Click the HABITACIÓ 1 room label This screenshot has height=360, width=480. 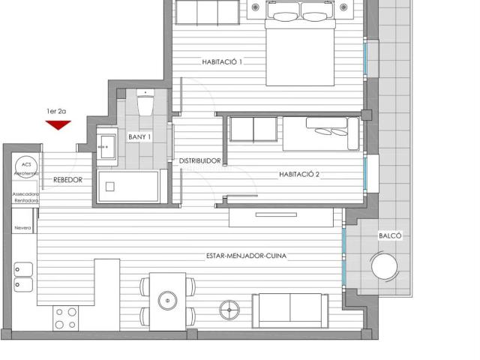(222, 62)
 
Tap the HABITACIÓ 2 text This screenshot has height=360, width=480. (299, 174)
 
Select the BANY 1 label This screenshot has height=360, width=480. (139, 137)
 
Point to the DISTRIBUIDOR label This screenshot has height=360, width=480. (199, 161)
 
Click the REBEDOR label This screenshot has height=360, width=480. (67, 180)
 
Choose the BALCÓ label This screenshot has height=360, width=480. (390, 235)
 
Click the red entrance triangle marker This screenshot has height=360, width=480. (57, 124)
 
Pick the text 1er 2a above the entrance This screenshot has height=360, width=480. (57, 111)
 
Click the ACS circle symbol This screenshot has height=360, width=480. (26, 164)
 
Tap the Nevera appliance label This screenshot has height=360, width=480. (22, 228)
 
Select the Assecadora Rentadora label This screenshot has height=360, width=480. (25, 197)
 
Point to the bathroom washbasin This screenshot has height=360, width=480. (105, 142)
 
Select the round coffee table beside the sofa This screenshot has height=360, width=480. (229, 308)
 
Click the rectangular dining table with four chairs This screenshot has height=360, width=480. (166, 300)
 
